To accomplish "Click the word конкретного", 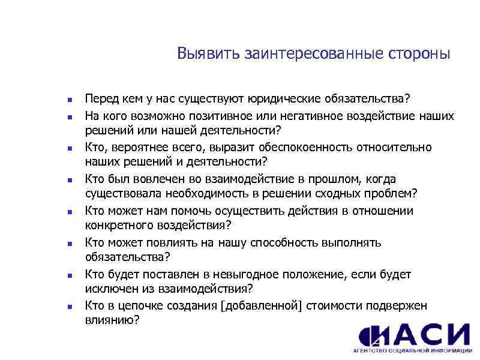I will [116, 225].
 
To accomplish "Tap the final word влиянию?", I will [112, 320].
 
